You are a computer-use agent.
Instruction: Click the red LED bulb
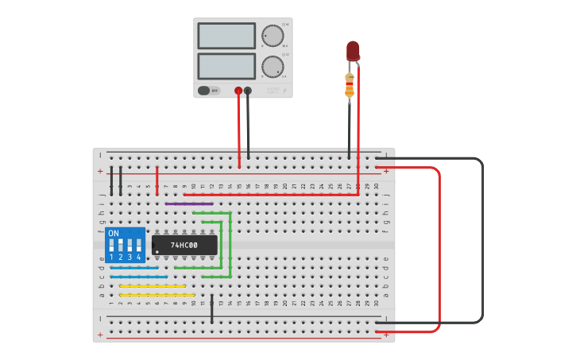353,51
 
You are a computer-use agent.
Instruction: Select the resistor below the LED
349,85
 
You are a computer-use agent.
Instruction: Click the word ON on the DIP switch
114,234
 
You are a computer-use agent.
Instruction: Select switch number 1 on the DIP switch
111,246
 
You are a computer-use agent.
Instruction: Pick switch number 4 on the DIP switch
138,246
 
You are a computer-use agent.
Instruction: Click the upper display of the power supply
226,36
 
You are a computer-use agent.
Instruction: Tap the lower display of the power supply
226,66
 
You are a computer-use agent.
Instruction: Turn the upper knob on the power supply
273,36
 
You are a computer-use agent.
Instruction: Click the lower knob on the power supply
273,66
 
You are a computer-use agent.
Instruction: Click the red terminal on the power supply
238,91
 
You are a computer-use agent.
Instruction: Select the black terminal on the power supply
248,91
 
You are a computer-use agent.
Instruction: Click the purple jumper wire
189,203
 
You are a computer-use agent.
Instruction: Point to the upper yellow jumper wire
153,286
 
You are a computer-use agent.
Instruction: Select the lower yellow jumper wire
157,295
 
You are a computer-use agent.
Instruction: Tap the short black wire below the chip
212,308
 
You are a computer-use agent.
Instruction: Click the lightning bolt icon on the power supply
284,91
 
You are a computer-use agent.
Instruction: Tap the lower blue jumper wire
139,277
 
